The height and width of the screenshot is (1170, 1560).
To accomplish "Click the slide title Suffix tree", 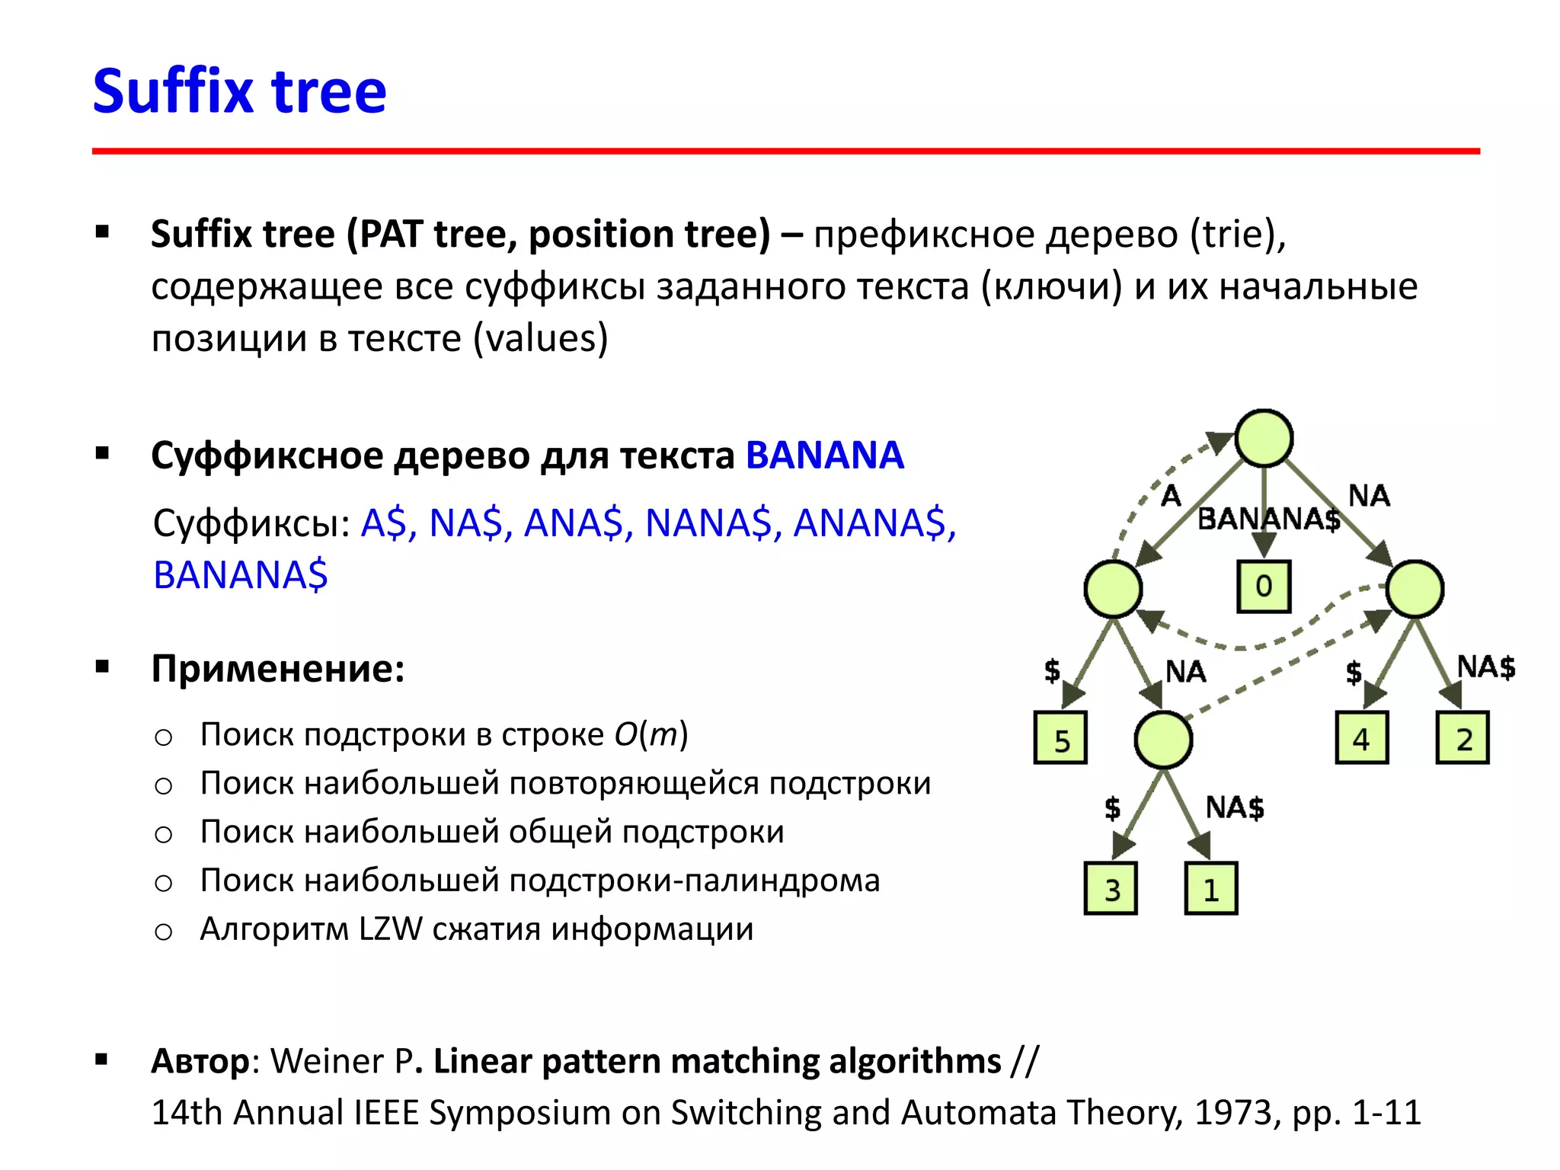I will (x=239, y=91).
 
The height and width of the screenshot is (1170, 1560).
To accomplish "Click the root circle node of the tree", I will (x=1264, y=438).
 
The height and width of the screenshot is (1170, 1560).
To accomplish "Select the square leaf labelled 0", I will (x=1264, y=587).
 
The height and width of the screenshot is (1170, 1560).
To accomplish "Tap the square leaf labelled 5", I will (x=1060, y=737).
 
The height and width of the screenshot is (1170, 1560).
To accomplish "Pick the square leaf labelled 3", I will (x=1111, y=888).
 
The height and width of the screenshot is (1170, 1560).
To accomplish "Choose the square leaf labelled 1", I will (x=1211, y=888).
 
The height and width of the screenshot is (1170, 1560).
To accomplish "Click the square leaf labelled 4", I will (x=1362, y=737).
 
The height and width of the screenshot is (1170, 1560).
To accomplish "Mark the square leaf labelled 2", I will (x=1462, y=737).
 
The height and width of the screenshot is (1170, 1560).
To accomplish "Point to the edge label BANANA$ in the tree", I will (x=1268, y=519).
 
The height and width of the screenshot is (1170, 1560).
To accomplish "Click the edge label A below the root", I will (x=1171, y=496).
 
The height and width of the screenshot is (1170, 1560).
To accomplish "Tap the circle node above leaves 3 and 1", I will (x=1163, y=740).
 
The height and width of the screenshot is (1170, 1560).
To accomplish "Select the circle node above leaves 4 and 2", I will (x=1415, y=589).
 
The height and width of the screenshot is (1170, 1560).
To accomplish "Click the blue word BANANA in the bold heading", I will (x=824, y=456).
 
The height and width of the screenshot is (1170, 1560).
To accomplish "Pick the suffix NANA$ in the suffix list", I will (x=708, y=523).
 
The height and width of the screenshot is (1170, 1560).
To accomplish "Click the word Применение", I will (x=277, y=669).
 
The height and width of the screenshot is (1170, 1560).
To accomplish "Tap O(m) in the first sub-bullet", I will (x=651, y=734).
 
